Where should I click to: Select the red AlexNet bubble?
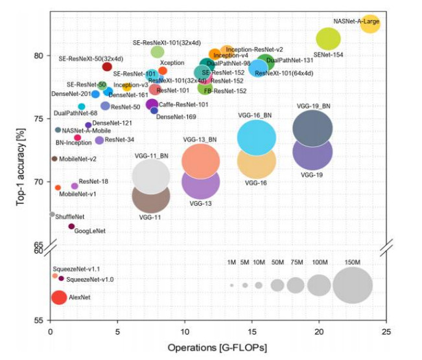58,297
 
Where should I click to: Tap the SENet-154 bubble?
328,39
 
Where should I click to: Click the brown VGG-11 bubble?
151,196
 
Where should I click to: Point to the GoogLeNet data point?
71,226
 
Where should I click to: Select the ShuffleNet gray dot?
53,214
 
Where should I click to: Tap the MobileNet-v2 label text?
78,159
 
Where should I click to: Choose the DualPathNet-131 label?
290,60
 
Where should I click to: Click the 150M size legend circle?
352,285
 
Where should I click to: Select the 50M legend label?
277,262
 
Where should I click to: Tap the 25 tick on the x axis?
386,332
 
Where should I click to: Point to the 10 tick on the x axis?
185,332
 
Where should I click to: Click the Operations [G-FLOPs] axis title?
217,348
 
